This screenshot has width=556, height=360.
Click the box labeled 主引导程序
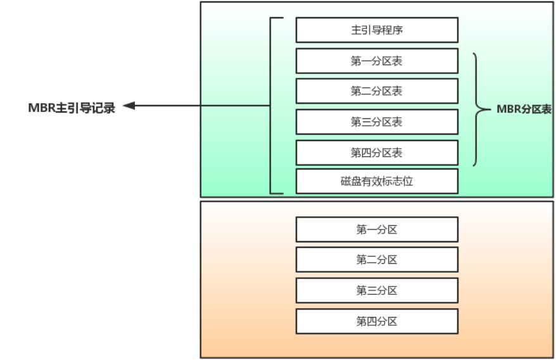[377, 30]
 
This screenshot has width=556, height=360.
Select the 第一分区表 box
[377, 61]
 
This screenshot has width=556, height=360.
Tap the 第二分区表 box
[377, 91]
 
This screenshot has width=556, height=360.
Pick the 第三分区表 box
[377, 122]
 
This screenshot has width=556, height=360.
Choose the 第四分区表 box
[377, 152]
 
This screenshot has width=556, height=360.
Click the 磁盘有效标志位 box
[377, 181]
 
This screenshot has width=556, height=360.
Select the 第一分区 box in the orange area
[377, 230]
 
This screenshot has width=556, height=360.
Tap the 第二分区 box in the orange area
[377, 260]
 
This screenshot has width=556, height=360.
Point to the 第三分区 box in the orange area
[377, 290]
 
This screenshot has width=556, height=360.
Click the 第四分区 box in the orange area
[377, 321]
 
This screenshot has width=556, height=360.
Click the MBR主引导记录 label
[72, 108]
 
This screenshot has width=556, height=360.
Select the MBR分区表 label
[524, 109]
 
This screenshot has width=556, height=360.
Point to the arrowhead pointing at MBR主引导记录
[129, 106]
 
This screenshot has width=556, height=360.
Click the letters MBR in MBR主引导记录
[42, 108]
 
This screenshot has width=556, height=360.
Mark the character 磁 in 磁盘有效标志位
[346, 182]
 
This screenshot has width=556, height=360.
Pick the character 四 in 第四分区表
[366, 152]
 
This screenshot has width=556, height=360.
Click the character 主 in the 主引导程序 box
[356, 30]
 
